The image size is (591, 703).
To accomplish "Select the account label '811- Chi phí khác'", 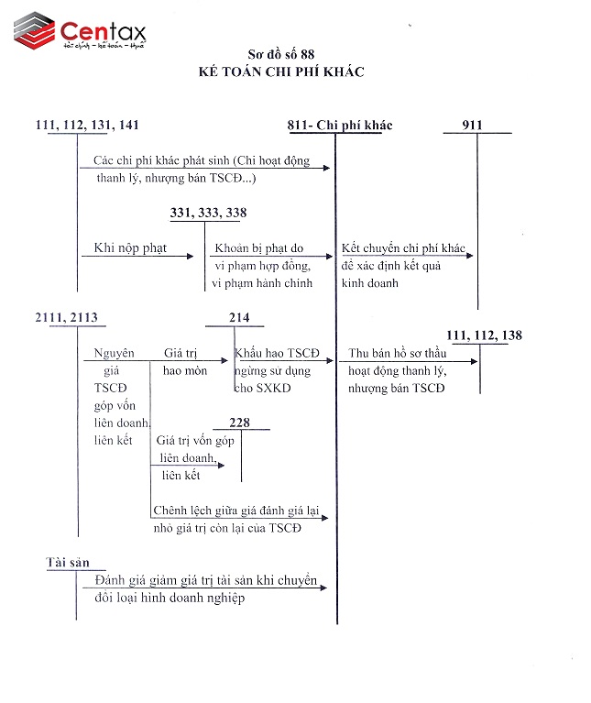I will point(340,126).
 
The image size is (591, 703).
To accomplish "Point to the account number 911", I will point(473,126).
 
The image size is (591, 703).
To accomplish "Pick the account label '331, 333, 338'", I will point(208,213).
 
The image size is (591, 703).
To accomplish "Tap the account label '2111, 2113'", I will point(65,317).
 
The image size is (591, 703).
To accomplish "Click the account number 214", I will point(239,317).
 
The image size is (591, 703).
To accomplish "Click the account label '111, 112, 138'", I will point(484,335).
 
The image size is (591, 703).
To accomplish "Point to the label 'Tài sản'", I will point(66,562).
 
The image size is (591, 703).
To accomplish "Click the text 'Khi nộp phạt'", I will point(130,248).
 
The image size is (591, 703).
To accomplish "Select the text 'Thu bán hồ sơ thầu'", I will point(397,354).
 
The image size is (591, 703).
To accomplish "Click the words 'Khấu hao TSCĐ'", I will point(277,354).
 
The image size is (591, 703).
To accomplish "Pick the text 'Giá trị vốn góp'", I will point(195,441).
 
